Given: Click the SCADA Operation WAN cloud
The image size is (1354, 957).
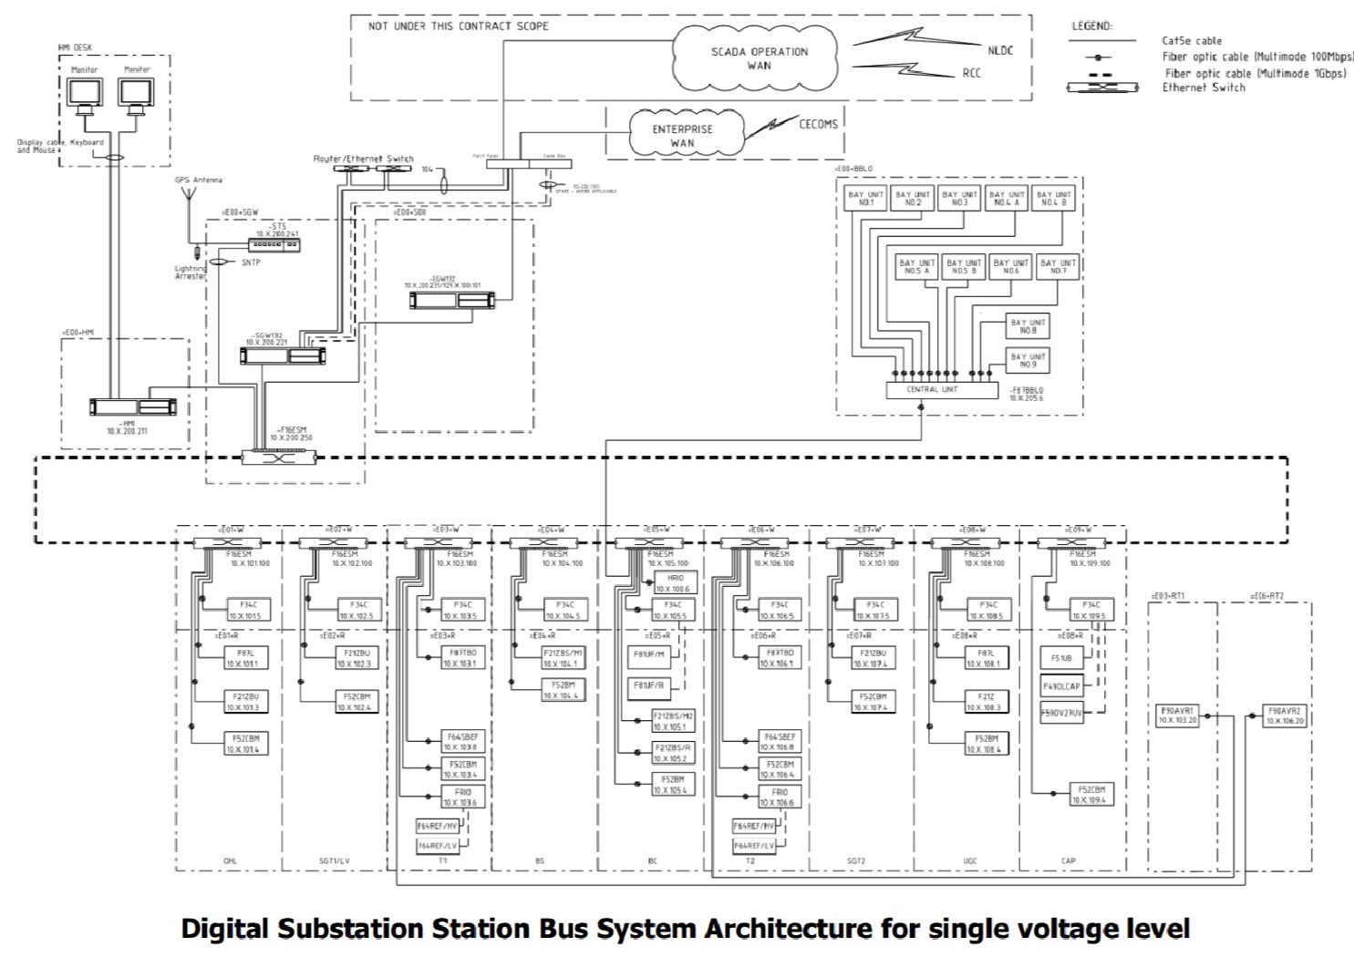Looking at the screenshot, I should pyautogui.click(x=759, y=58).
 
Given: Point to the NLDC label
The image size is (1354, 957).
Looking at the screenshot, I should pyautogui.click(x=999, y=50).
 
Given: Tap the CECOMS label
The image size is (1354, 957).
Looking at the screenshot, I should pyautogui.click(x=818, y=124).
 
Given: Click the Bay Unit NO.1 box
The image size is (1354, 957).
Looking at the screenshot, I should pyautogui.click(x=865, y=199).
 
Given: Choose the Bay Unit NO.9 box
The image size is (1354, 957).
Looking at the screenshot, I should pyautogui.click(x=1028, y=360).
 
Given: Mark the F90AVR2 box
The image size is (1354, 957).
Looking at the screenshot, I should pyautogui.click(x=1285, y=715).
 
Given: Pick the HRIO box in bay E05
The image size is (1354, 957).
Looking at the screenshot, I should pyautogui.click(x=675, y=582).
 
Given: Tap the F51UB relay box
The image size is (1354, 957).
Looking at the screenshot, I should pyautogui.click(x=1062, y=657).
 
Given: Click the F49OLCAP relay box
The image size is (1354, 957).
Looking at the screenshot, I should pyautogui.click(x=1062, y=685).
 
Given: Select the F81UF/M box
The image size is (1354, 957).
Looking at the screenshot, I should pyautogui.click(x=649, y=654).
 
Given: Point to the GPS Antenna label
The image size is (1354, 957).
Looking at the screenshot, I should pyautogui.click(x=198, y=180).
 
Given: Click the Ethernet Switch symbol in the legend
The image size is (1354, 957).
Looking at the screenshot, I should pyautogui.click(x=1102, y=87).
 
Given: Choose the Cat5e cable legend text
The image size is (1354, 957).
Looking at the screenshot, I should pyautogui.click(x=1192, y=40).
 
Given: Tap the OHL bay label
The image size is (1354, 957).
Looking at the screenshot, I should pyautogui.click(x=230, y=860).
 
